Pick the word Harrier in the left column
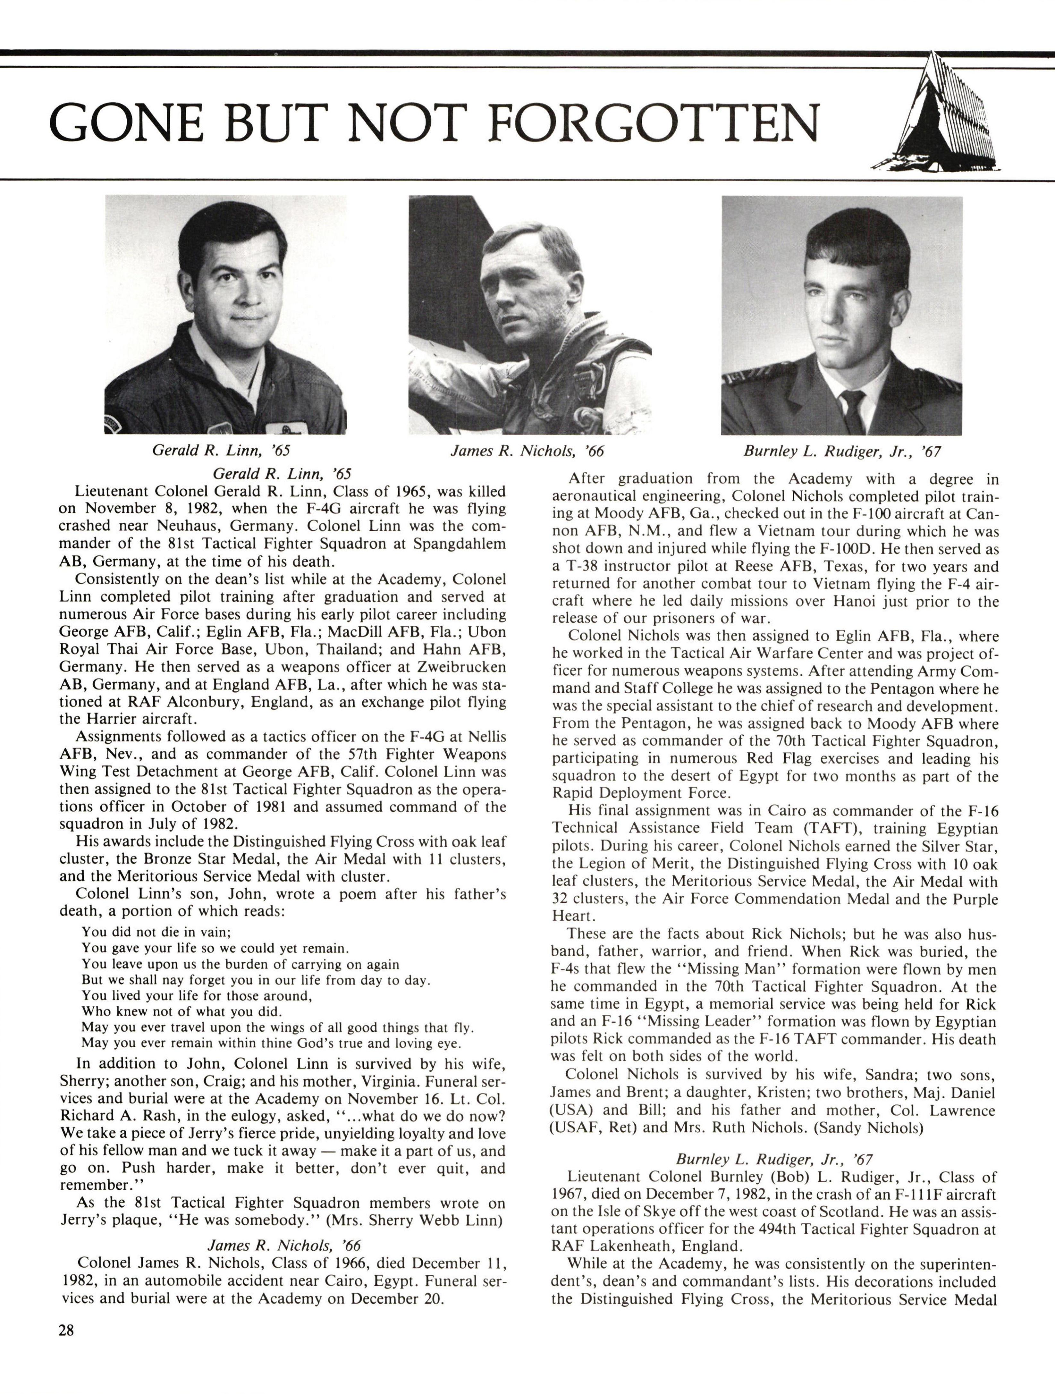[118, 718]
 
